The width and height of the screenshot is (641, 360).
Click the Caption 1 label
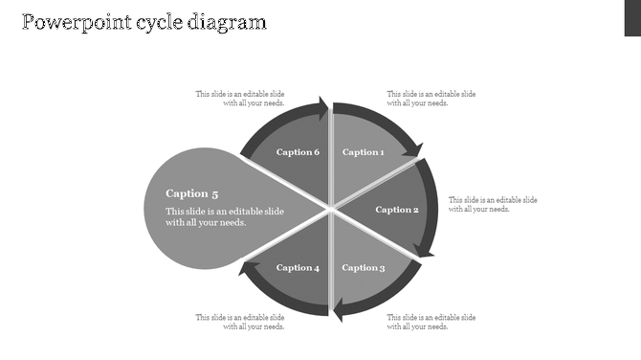(364, 152)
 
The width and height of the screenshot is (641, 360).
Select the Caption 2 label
(397, 210)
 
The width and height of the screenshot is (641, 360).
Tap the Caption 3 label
(364, 268)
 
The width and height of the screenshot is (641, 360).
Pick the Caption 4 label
(298, 268)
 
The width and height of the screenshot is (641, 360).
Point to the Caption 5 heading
(192, 193)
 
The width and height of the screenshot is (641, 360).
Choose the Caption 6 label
(298, 152)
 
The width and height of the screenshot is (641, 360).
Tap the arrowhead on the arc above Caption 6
(322, 106)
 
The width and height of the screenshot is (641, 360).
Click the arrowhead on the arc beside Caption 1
(413, 148)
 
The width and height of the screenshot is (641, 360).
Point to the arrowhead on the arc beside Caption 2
(427, 250)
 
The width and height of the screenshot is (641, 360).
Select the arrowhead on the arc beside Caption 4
(246, 269)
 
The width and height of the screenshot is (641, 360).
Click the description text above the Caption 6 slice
(240, 99)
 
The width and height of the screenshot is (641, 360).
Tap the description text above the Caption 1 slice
(431, 99)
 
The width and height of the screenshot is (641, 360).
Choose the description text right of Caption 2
(493, 205)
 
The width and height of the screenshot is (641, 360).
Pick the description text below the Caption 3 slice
(431, 322)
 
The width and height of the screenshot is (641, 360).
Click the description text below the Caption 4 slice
(240, 322)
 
